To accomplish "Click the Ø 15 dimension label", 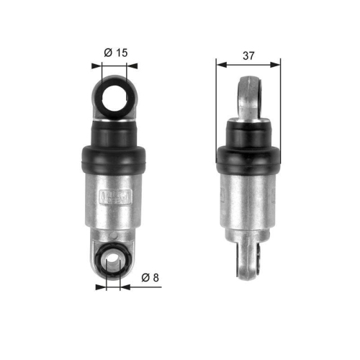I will [115, 53].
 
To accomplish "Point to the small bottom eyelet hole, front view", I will [112, 261].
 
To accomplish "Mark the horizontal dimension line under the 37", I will [248, 64].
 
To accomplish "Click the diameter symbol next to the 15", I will [107, 53].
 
